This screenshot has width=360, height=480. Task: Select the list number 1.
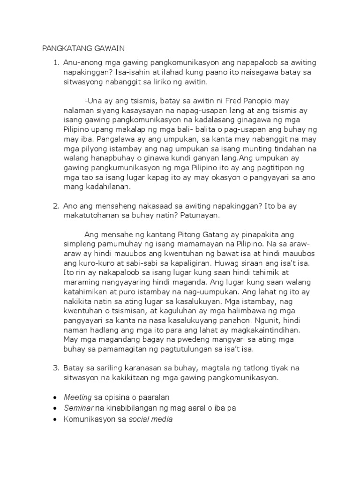pos(56,63)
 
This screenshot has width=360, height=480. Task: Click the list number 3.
pos(56,368)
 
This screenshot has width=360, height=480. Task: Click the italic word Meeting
pos(78,397)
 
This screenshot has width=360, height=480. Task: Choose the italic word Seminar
pos(78,408)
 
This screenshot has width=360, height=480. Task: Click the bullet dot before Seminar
pos(56,408)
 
